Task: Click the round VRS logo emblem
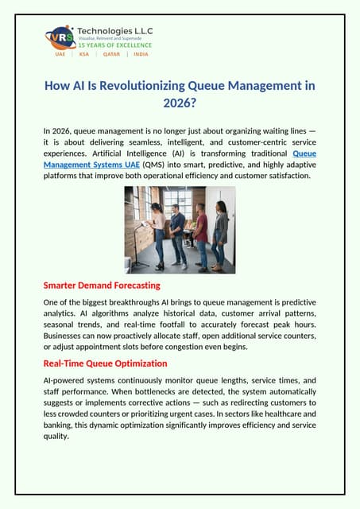[x=61, y=37]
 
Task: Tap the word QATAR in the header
[x=111, y=54]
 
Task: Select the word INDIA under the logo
[x=141, y=54]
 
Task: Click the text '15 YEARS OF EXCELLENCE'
[x=114, y=45]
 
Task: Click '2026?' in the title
[x=180, y=102]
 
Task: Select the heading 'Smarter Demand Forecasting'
[x=102, y=285]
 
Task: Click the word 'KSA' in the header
[x=83, y=54]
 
